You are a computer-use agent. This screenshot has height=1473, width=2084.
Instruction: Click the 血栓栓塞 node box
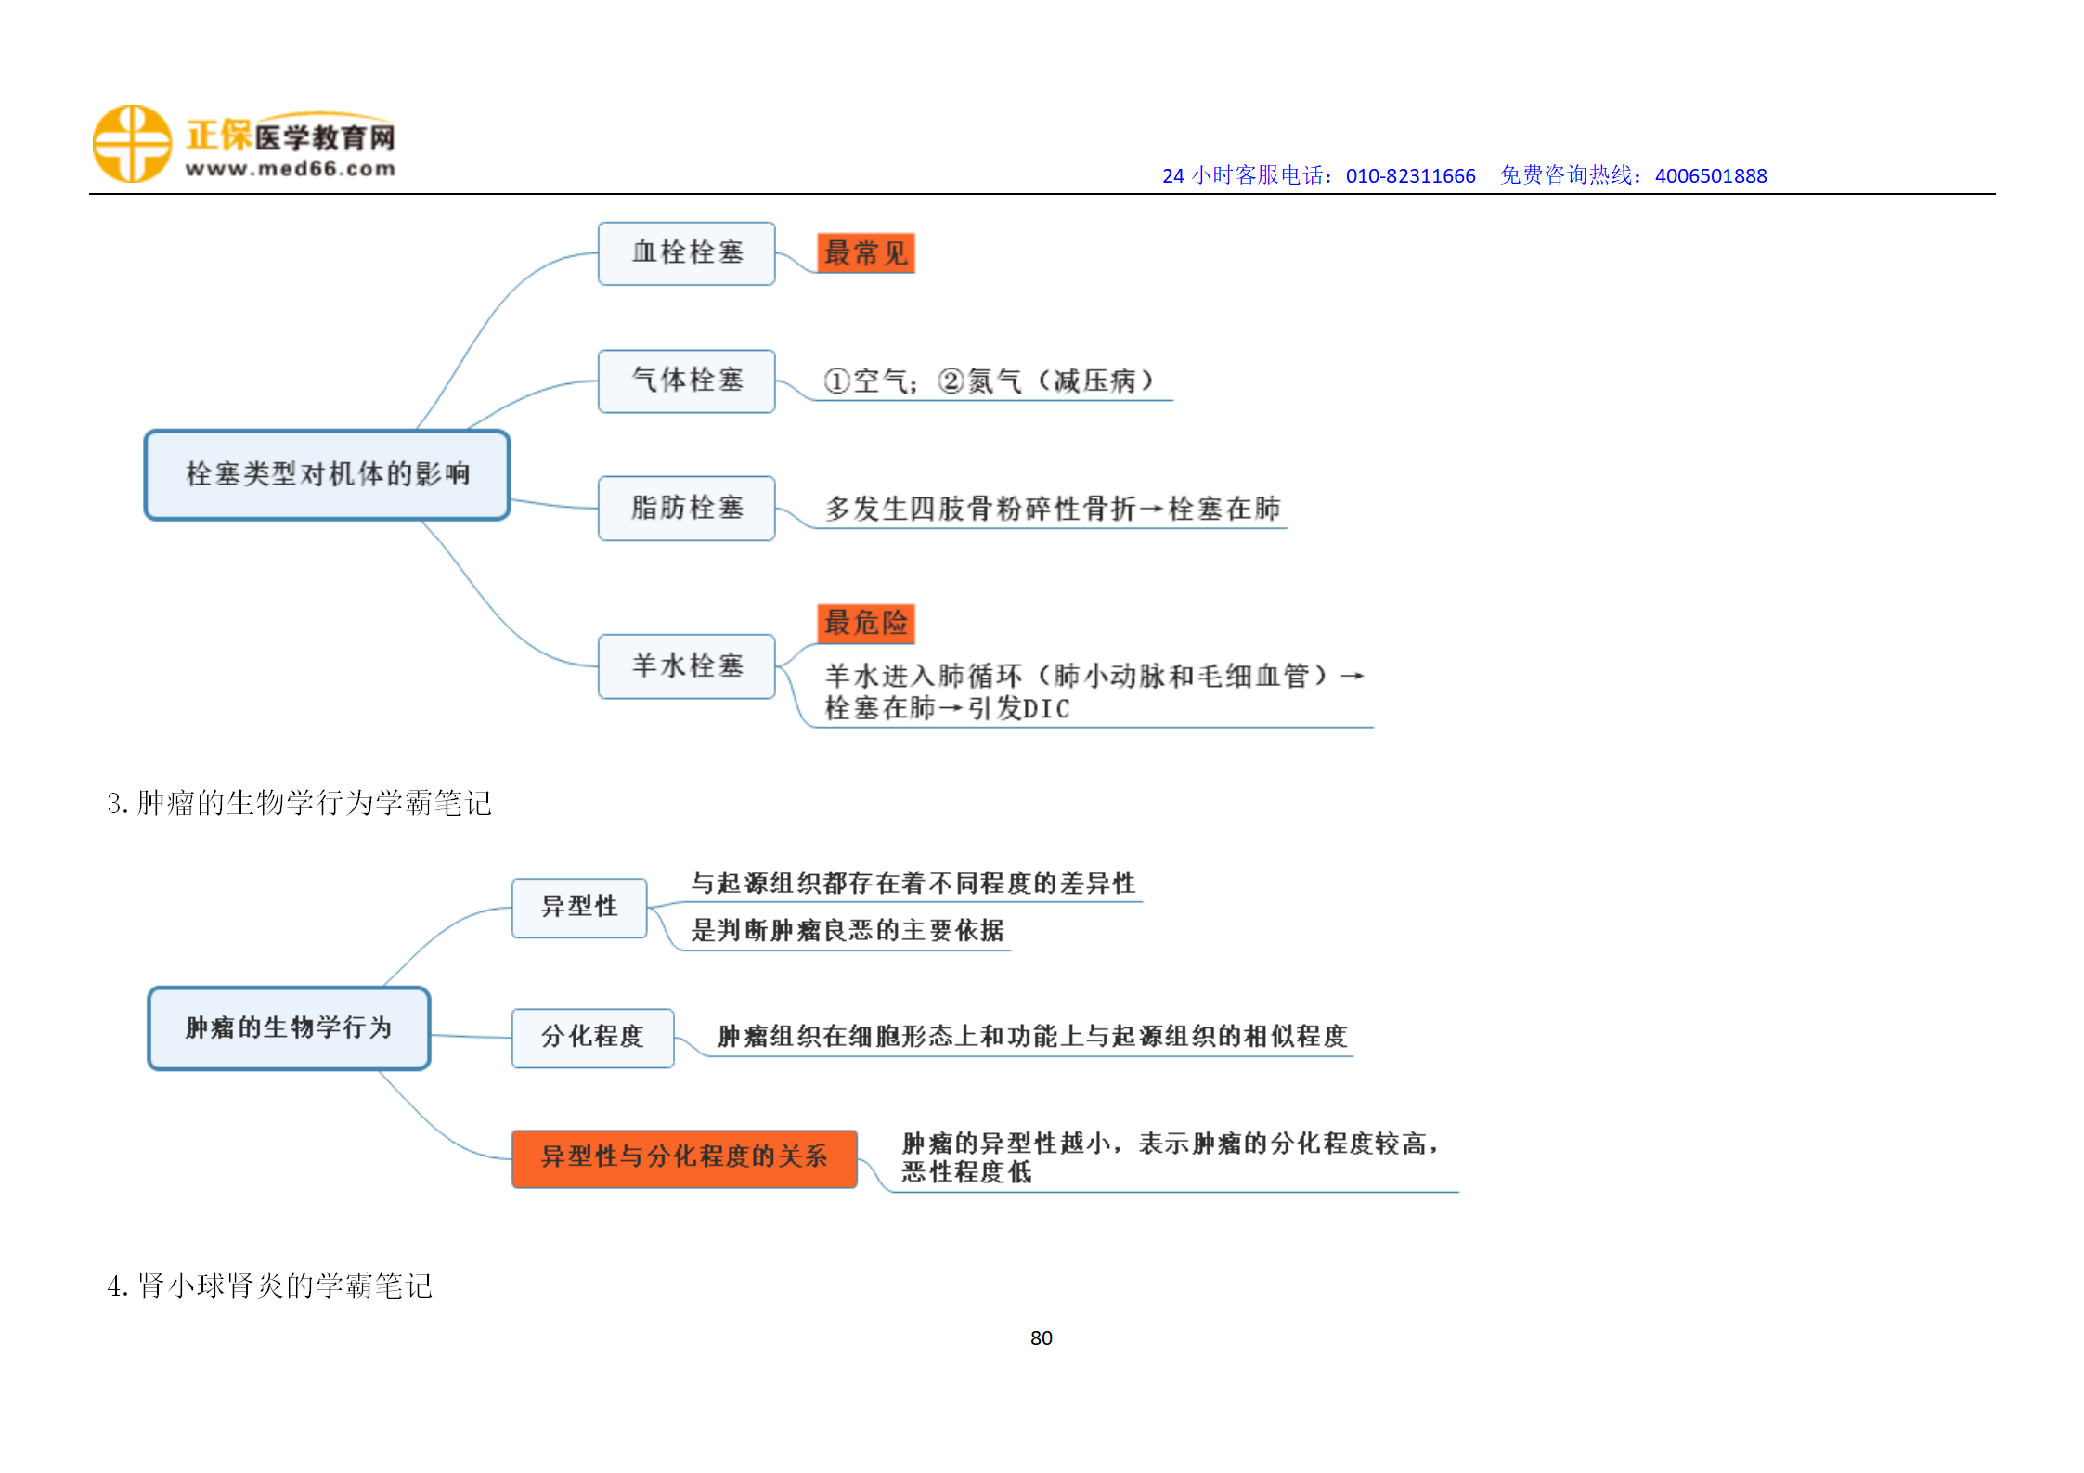point(686,253)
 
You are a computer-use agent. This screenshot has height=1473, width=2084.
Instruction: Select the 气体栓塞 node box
point(686,381)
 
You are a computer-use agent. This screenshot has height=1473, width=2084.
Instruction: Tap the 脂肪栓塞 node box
point(686,508)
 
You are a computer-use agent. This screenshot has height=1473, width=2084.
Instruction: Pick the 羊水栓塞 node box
point(686,665)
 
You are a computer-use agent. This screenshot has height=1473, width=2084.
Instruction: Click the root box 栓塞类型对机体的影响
point(327,474)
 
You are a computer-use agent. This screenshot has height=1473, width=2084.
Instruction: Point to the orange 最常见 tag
point(865,253)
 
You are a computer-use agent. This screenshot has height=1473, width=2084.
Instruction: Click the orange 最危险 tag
point(865,623)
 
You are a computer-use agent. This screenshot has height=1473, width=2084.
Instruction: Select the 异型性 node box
point(579,908)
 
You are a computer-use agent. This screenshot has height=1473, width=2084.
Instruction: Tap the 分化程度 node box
point(592,1038)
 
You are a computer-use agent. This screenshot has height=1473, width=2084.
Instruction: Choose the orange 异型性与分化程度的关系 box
point(684,1158)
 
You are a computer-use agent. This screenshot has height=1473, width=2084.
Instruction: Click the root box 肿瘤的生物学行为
point(289,1027)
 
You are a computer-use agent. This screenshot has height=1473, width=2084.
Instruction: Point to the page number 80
point(1042,1337)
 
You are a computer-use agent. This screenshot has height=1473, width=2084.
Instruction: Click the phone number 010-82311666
point(1410,175)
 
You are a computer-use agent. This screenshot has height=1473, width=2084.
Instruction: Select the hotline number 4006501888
point(1711,175)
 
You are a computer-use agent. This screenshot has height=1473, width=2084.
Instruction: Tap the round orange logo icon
point(132,144)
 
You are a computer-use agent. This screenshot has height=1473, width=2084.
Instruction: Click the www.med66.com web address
point(291,169)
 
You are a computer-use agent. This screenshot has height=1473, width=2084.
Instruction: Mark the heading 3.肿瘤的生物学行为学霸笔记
point(299,803)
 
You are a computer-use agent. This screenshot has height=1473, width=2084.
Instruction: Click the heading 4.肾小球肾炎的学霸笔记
point(269,1286)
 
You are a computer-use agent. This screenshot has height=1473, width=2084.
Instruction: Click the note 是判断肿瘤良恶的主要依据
point(848,930)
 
